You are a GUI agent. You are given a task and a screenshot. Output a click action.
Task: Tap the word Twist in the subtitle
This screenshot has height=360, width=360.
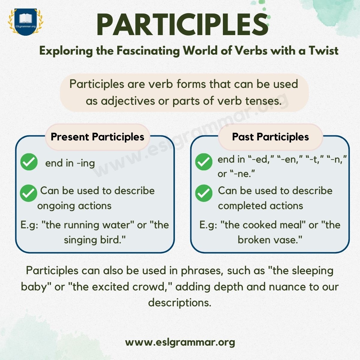click(x=323, y=51)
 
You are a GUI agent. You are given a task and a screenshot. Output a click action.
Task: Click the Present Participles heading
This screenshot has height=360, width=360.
click(x=97, y=137)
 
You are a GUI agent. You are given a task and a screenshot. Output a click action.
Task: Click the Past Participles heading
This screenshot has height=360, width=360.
click(x=270, y=137)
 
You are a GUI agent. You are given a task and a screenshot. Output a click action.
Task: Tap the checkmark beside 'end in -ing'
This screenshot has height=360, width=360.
click(x=29, y=162)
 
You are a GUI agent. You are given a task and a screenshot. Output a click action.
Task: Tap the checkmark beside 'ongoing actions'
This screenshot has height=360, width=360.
click(x=28, y=193)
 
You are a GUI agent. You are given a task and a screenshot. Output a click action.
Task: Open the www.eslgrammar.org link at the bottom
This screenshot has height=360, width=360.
click(x=180, y=342)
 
